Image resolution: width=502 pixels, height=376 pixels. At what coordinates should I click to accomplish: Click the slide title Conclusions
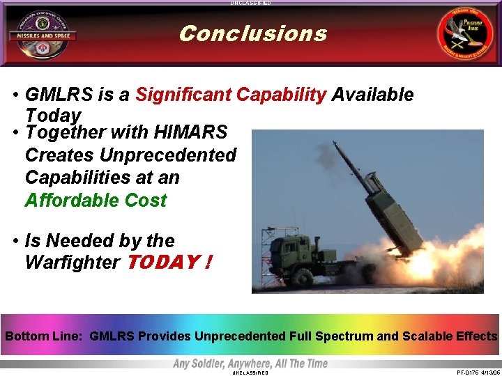(252, 33)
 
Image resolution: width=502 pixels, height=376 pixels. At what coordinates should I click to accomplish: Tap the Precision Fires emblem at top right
(463, 34)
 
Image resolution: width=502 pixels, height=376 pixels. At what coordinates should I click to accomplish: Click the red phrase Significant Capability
(230, 95)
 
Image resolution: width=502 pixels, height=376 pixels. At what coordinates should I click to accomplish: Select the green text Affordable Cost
(96, 201)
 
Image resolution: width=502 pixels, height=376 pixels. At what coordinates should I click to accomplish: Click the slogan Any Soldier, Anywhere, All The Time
(250, 363)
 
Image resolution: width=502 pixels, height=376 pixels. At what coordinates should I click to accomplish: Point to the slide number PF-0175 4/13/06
(478, 373)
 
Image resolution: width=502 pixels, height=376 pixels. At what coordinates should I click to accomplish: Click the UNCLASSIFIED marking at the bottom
(250, 373)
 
